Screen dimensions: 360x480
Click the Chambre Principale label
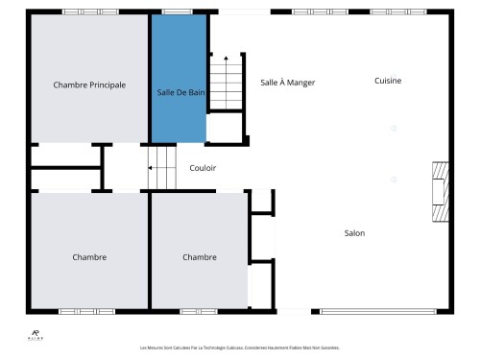click(89, 84)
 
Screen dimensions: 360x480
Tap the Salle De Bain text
click(180, 92)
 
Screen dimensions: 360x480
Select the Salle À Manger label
click(287, 83)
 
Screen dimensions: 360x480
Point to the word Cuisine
click(388, 81)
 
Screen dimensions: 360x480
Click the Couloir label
click(203, 168)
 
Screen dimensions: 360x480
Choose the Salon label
click(354, 232)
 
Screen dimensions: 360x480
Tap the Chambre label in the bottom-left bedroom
click(89, 256)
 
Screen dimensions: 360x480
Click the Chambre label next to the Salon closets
click(199, 256)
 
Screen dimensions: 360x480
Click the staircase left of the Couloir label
click(163, 168)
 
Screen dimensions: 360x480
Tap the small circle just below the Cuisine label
click(392, 127)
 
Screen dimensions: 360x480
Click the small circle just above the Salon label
click(392, 179)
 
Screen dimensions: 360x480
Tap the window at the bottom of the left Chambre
click(86, 311)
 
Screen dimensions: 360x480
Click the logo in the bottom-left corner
click(36, 335)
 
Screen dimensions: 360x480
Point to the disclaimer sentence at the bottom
click(239, 348)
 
